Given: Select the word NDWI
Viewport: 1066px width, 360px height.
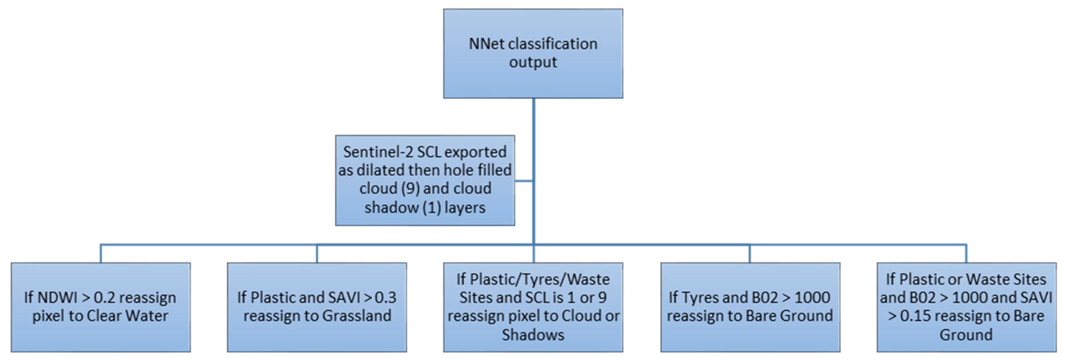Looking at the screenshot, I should (57, 297).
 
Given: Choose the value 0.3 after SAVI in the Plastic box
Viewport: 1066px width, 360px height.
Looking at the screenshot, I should (385, 297).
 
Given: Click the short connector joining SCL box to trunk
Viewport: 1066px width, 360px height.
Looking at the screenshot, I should (524, 181).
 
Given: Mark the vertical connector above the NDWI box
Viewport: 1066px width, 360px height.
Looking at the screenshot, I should (101, 254).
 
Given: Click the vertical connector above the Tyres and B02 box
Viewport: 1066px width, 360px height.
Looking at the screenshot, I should (750, 254).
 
